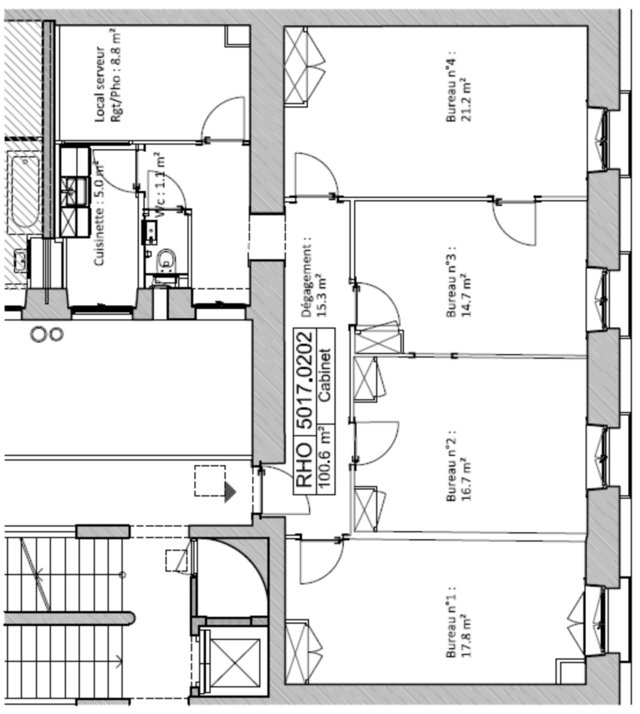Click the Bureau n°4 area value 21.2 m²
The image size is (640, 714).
pyautogui.click(x=466, y=99)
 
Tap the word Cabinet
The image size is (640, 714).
pyautogui.click(x=325, y=375)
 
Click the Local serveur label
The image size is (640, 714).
pyautogui.click(x=100, y=84)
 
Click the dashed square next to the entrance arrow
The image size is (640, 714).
pyautogui.click(x=210, y=481)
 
